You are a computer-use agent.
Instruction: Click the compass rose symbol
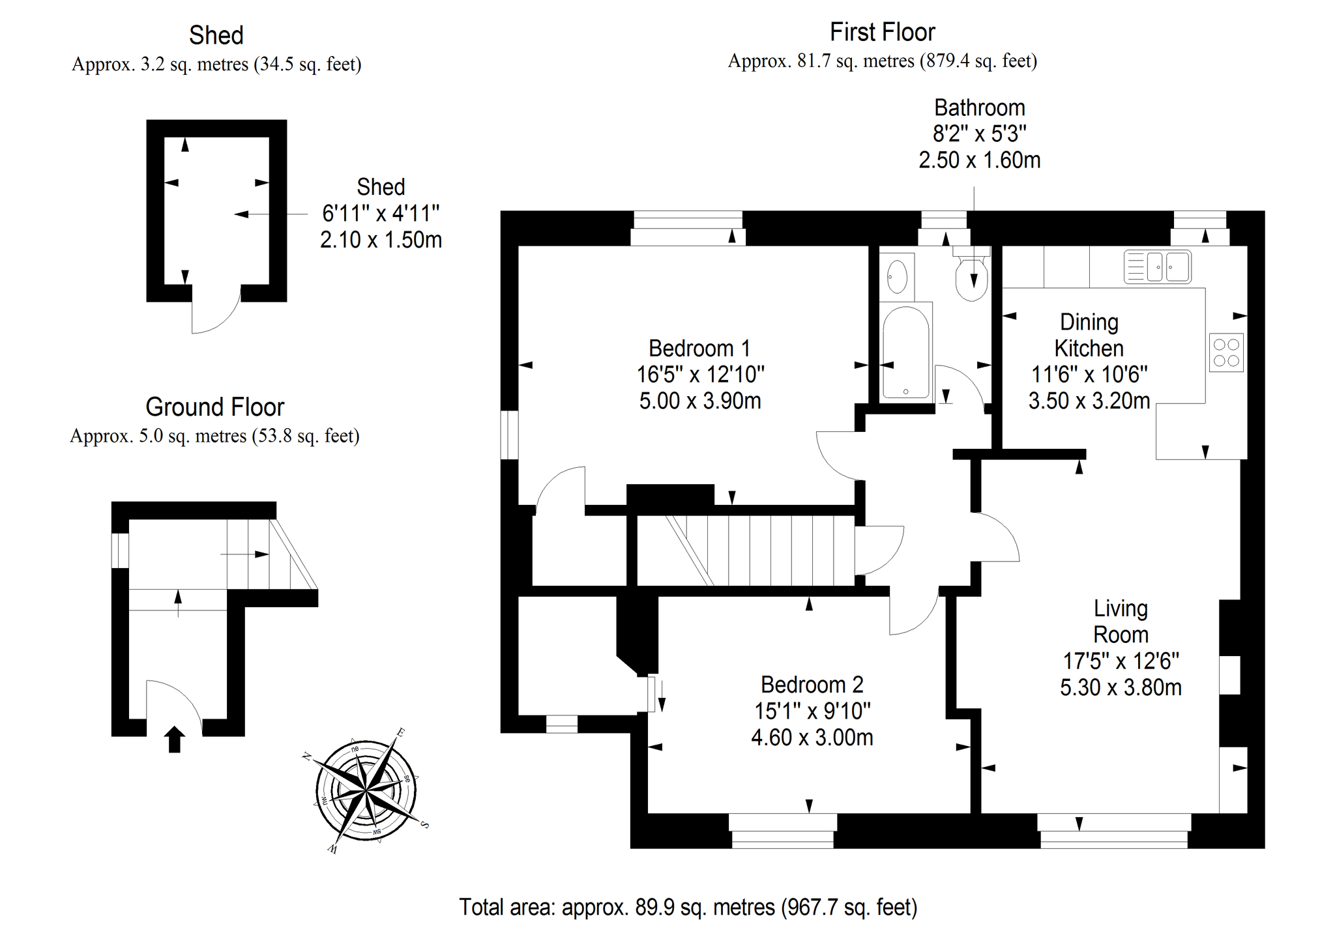coord(366,791)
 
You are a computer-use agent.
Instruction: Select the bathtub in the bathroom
coord(906,352)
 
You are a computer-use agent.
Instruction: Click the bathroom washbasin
coord(897,277)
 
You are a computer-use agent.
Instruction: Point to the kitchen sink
coord(1158,267)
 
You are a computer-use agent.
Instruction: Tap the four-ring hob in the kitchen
coord(1226,352)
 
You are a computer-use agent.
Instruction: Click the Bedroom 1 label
coord(699,349)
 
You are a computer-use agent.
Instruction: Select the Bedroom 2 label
coord(812,685)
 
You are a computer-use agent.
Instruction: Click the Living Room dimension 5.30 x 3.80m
coord(1121,687)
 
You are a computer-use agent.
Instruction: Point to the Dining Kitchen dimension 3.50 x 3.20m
coord(1089,401)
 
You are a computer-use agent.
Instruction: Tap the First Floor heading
coord(883,32)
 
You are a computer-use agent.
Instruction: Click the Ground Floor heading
coord(215,407)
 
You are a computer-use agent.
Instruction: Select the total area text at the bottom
coord(688,907)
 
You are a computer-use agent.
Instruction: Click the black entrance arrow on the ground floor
coord(174,739)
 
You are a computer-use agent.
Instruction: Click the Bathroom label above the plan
coord(979,108)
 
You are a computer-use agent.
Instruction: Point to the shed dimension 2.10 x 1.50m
coord(381,240)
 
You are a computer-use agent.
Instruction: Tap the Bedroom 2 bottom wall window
coord(783,831)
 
